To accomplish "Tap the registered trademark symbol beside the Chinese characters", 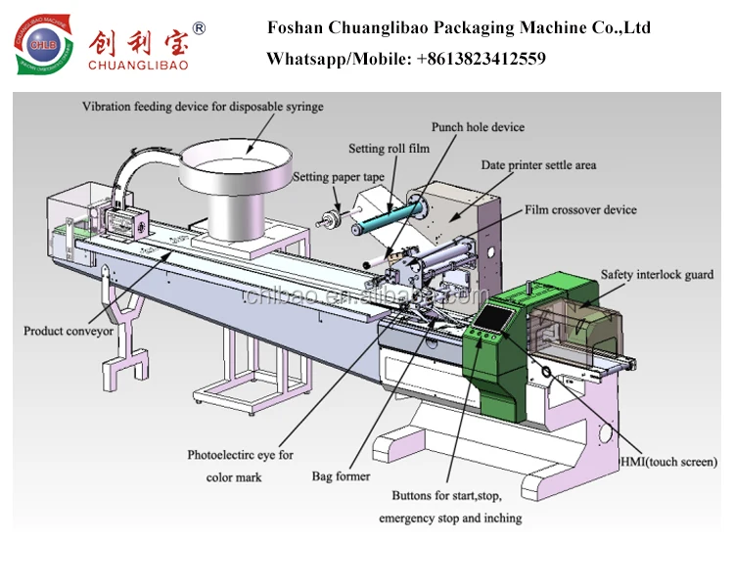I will coord(200,28).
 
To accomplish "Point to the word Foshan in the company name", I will coord(295,27).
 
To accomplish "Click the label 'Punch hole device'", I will coord(478,127).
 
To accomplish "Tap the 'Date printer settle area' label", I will coord(538,165).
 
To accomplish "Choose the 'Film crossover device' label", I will coord(580,209).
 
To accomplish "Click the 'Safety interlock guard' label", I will coord(657,275).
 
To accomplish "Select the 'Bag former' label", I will coord(341,476).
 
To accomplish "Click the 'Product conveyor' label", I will coord(69,332).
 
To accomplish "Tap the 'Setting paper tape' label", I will coord(340,177).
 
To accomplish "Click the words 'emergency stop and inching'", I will coord(450,518).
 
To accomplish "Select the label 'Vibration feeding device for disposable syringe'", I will coord(203,106).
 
